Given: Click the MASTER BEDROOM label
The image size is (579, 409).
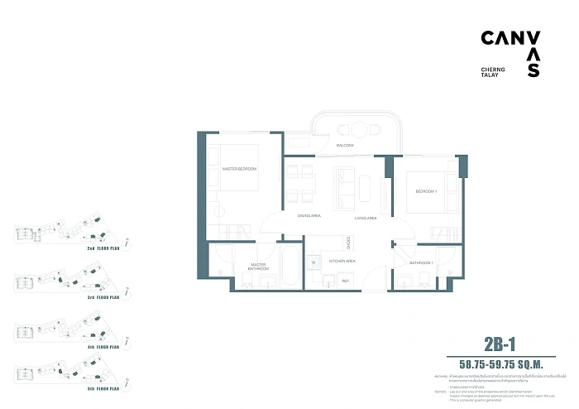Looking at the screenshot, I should tap(239, 169).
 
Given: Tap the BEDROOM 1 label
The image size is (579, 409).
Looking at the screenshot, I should tap(425, 191).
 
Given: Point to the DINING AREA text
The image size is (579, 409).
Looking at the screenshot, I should tap(309, 217).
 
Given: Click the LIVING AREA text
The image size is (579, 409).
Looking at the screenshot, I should tap(366, 217).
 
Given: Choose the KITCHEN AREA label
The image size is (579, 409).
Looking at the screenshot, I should tap(342, 261).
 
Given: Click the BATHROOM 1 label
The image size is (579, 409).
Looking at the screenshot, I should tap(421, 262).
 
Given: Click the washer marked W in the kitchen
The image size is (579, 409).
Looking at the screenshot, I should tap(313, 263).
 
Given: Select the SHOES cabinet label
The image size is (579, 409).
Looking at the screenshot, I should tap(349, 243).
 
